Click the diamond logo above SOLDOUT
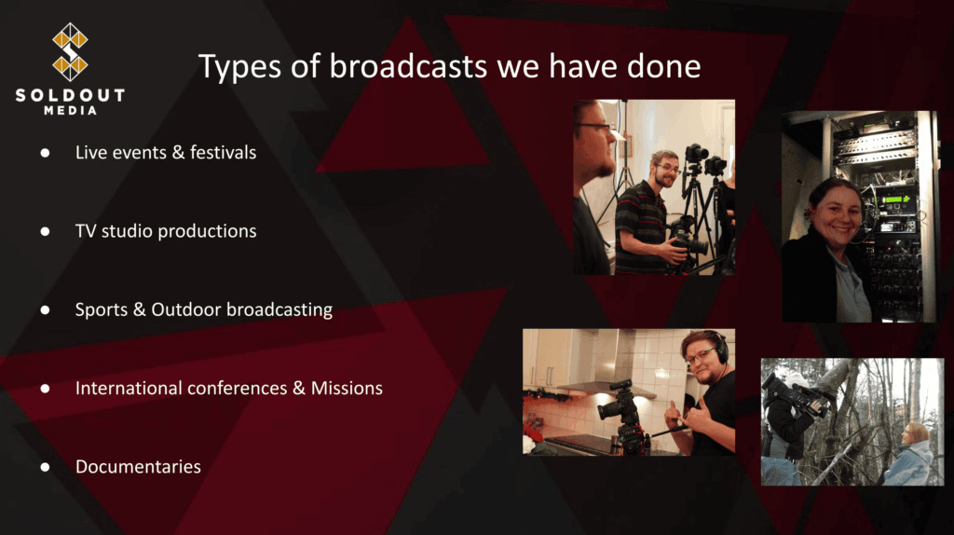pyautogui.click(x=70, y=52)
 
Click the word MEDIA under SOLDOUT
pyautogui.click(x=70, y=110)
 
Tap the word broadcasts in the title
pyautogui.click(x=408, y=66)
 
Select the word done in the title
pyautogui.click(x=663, y=66)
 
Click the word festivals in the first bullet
pyautogui.click(x=223, y=152)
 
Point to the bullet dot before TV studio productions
pyautogui.click(x=45, y=231)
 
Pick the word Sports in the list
pyautogui.click(x=101, y=309)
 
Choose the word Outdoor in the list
pyautogui.click(x=185, y=309)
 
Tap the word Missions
pyautogui.click(x=347, y=388)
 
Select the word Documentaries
pyautogui.click(x=138, y=467)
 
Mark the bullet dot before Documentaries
pyautogui.click(x=45, y=467)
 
